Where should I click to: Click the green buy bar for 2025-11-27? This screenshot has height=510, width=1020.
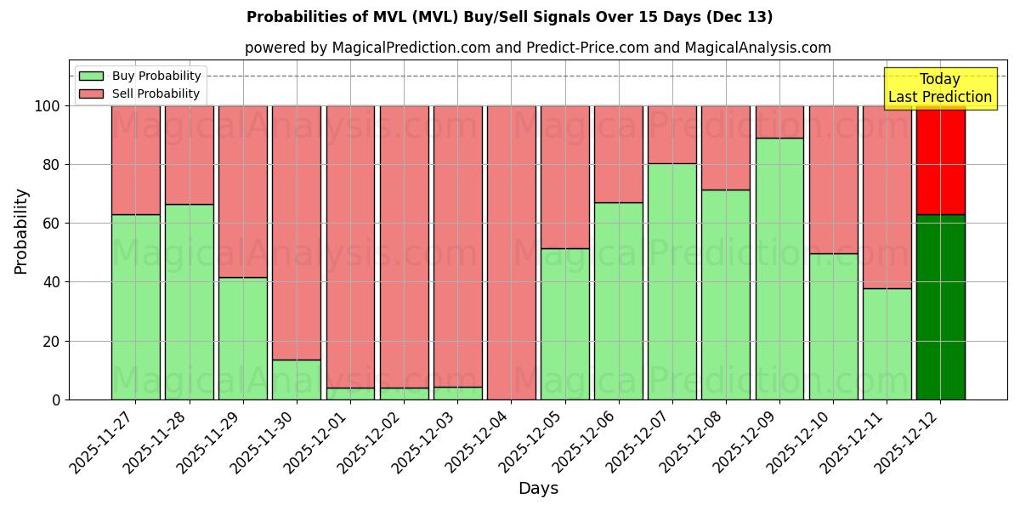click(x=136, y=307)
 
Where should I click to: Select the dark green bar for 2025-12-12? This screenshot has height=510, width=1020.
click(x=941, y=307)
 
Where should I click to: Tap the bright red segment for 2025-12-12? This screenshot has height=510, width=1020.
click(x=941, y=160)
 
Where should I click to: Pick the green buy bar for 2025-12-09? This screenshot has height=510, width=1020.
click(x=779, y=269)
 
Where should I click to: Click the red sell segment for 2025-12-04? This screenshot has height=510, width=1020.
click(x=512, y=252)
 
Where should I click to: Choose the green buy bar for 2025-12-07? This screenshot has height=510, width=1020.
click(x=672, y=281)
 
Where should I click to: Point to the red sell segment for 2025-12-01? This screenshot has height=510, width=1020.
click(x=350, y=246)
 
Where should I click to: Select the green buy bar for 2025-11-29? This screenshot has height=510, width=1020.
click(x=243, y=338)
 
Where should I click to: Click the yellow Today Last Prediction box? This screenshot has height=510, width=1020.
click(x=940, y=88)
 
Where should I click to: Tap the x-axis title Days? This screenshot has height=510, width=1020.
click(x=538, y=489)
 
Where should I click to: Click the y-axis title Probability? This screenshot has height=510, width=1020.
click(x=21, y=230)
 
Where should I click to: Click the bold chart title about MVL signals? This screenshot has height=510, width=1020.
click(x=510, y=17)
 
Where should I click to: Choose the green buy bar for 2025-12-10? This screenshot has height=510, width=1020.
click(x=833, y=326)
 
